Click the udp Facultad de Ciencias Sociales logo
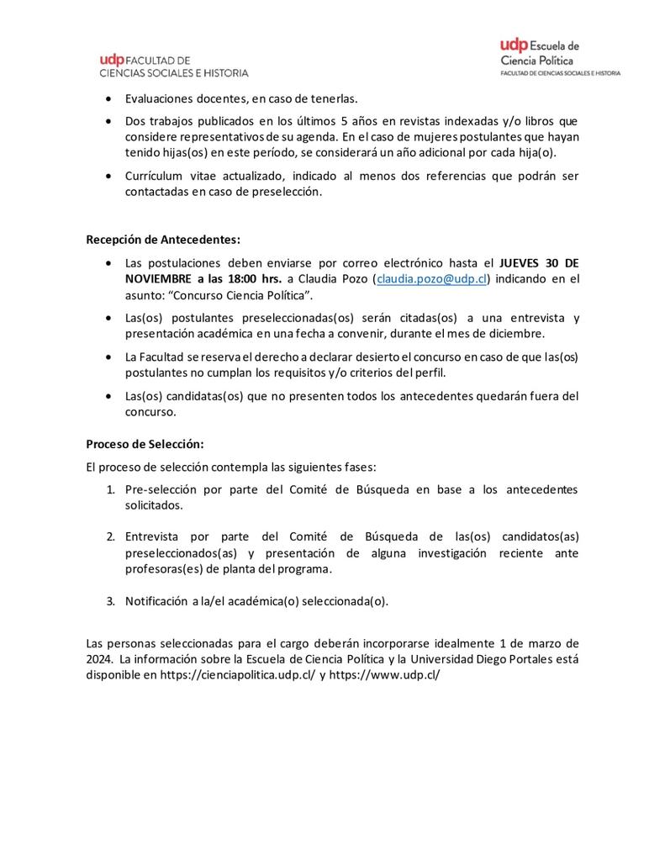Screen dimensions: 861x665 (174, 65)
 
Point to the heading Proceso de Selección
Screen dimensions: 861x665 (145, 443)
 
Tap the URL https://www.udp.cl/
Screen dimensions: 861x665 (384, 674)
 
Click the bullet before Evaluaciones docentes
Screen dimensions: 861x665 (109, 98)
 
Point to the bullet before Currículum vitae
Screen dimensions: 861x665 (109, 176)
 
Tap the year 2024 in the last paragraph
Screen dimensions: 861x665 (100, 658)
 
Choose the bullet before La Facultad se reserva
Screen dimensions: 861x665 (109, 357)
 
